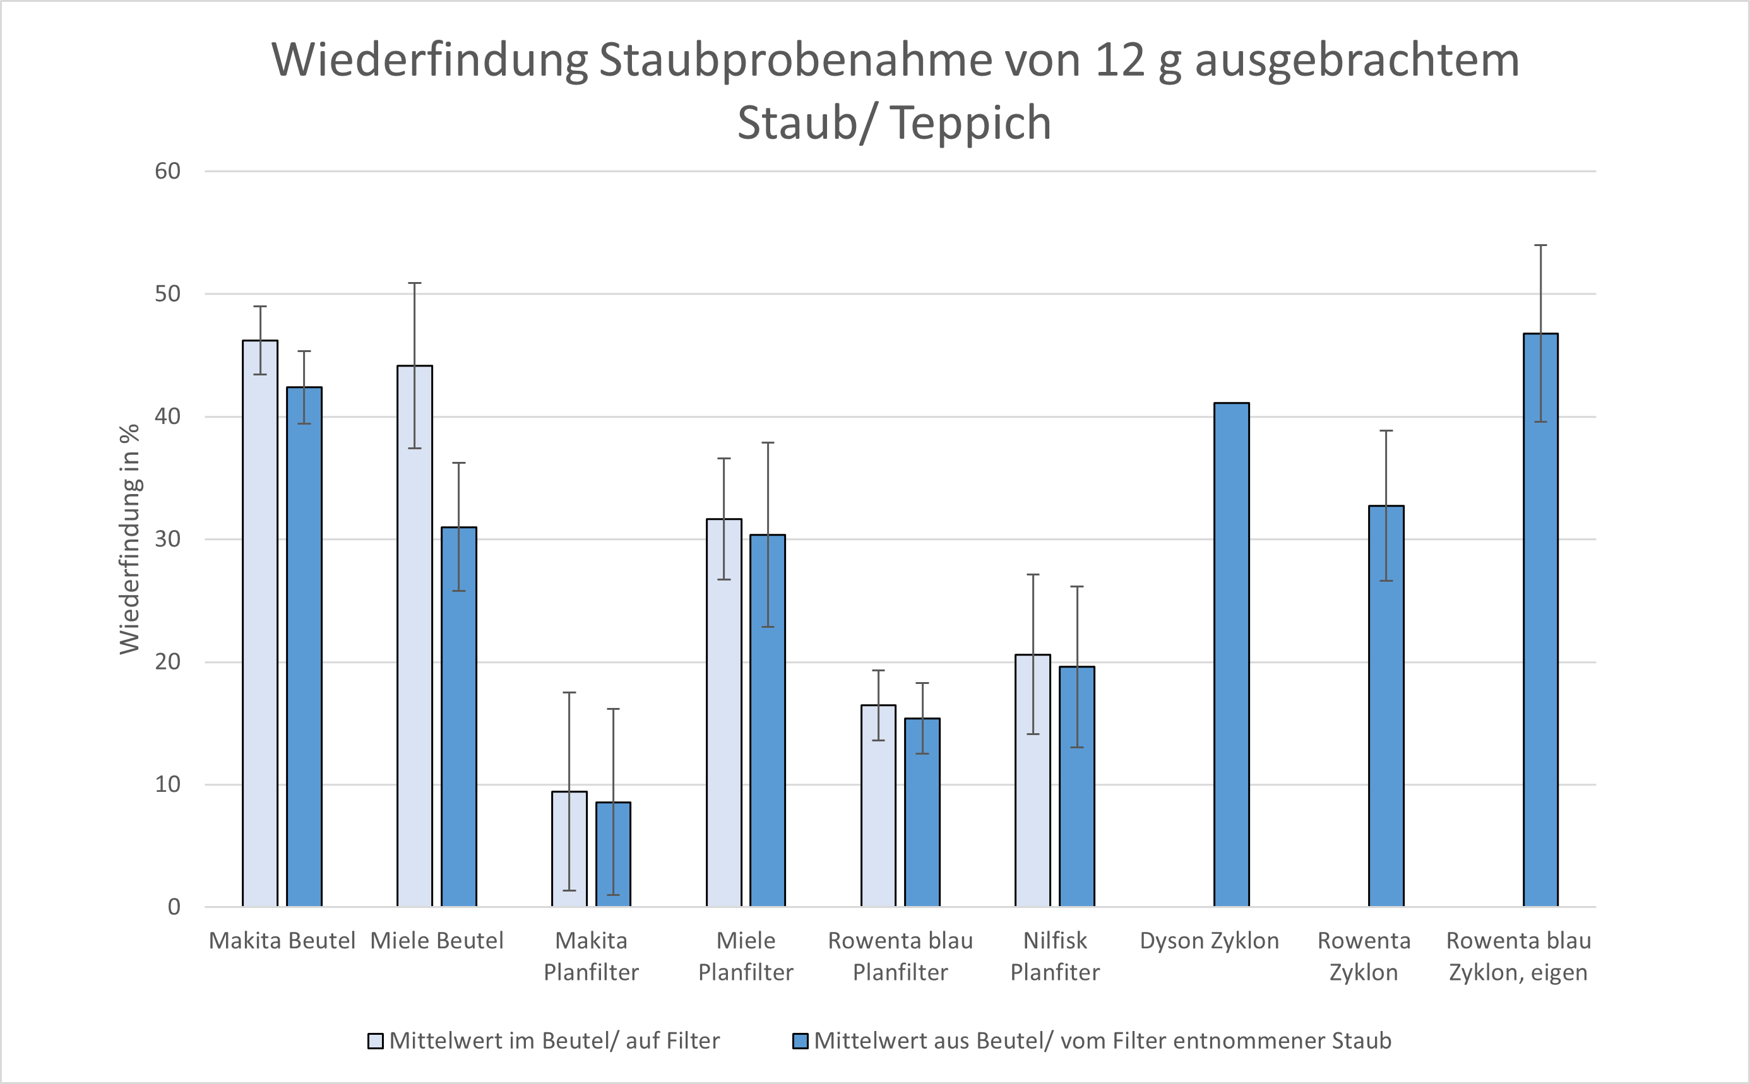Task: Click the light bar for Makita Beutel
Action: coord(259,624)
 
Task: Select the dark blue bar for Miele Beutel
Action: coord(458,717)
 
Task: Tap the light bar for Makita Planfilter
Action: coord(569,849)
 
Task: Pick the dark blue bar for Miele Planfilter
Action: coord(768,721)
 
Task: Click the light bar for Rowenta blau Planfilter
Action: coord(878,806)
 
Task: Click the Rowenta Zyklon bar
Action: coord(1386,706)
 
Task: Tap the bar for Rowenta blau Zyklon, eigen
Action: coord(1540,620)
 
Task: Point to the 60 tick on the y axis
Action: coord(168,172)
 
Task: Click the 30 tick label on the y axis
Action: coord(168,539)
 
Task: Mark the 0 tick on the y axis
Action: coord(174,907)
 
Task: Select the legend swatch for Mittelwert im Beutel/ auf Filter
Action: coord(375,1041)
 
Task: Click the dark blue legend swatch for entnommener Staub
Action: coord(801,1041)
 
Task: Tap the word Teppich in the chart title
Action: coord(971,122)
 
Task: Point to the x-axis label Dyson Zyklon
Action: coord(1209,941)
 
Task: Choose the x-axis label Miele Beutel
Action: coord(437,941)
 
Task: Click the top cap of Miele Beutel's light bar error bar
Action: coord(415,283)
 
